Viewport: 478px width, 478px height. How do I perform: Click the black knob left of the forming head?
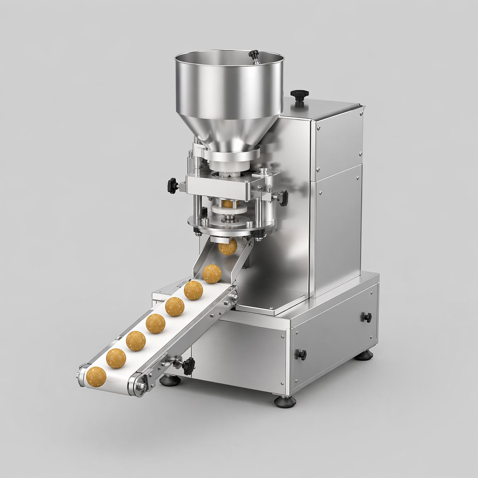(x=172, y=185)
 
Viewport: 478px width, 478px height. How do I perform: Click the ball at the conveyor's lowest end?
(x=96, y=376)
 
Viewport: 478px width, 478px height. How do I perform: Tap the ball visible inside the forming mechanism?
(x=228, y=204)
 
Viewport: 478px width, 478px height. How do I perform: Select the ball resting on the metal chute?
(x=212, y=274)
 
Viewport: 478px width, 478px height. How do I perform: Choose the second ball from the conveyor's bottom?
(x=116, y=358)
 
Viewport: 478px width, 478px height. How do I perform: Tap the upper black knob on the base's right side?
(x=367, y=317)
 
